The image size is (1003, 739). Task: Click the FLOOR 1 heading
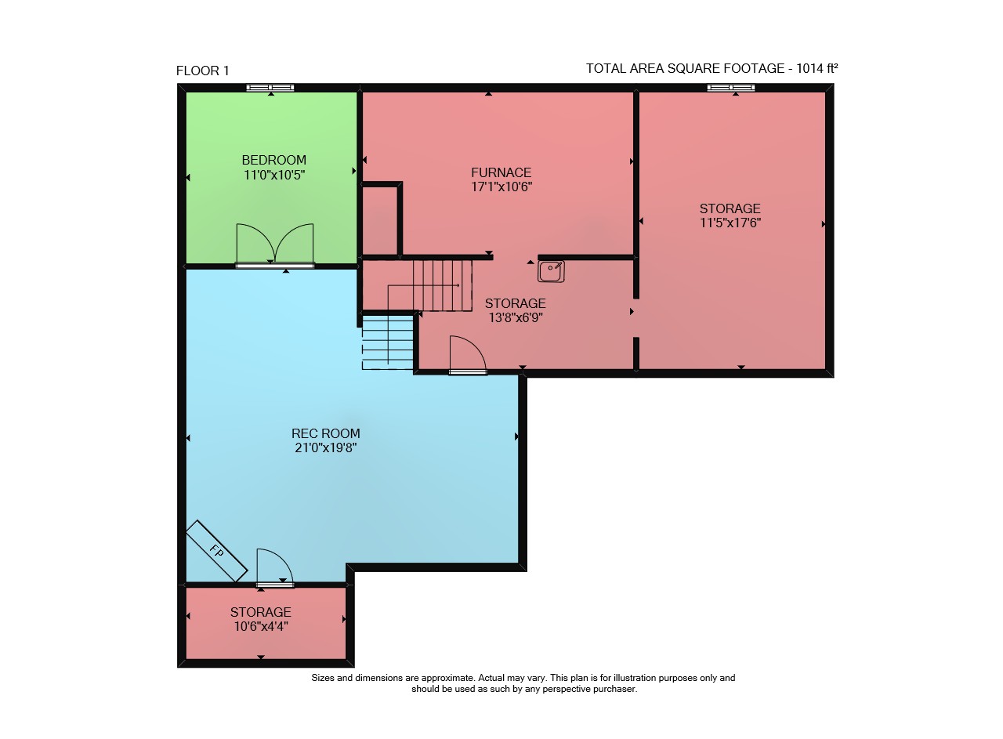point(202,71)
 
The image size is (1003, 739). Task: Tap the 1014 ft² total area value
point(817,68)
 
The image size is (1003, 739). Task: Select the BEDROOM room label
point(274,160)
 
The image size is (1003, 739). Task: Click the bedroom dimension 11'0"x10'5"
point(274,175)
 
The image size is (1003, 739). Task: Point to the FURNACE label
point(501,172)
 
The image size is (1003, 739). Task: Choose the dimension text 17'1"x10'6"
point(501,187)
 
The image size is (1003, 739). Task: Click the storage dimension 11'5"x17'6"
point(730,223)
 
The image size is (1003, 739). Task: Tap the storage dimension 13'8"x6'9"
point(516,317)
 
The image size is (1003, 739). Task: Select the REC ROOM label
point(325,433)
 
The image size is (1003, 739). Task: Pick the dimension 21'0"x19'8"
point(325,447)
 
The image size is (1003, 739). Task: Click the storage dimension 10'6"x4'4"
point(261,626)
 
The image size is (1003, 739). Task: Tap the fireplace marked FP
point(217,552)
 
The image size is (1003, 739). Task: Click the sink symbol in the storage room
point(551,271)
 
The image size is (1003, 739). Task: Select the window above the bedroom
point(270,88)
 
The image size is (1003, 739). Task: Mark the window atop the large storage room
point(731,88)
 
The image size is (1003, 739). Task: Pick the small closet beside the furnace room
point(380,220)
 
